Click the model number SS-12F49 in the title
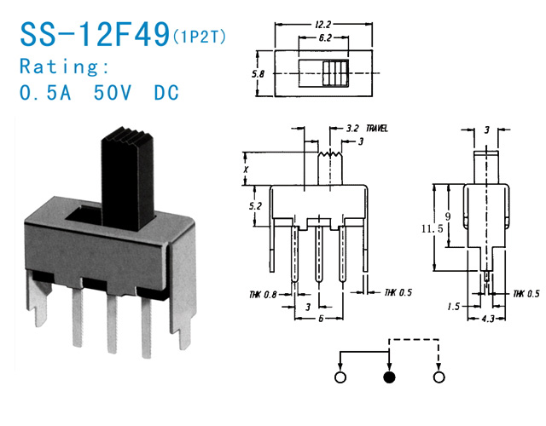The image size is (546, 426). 95,34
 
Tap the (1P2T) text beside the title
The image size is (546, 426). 200,37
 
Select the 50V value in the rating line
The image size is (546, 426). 113,93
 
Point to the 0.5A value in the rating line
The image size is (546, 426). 45,93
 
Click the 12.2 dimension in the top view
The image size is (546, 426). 322,25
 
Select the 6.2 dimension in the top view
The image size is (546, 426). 324,37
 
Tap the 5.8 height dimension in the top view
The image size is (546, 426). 258,74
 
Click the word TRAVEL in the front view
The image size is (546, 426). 377,129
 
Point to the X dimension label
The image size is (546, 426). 246,170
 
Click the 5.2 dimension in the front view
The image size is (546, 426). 255,206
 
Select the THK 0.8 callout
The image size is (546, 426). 263,295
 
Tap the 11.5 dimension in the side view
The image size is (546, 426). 432,229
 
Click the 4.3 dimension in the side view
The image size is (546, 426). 488,319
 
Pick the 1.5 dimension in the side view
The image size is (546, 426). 453,307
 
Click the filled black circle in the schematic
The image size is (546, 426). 389,377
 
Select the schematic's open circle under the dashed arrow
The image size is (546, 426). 439,377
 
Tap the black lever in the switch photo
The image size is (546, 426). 128,179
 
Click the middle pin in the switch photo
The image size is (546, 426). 112,324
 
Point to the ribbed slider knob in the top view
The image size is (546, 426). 335,74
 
